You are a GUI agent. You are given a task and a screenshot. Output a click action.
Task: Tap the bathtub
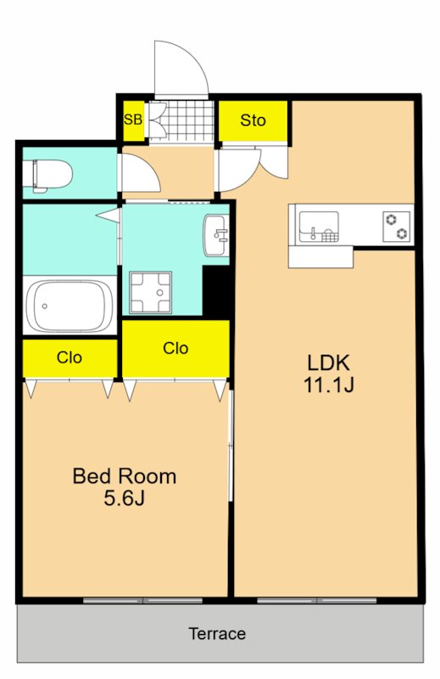click(x=70, y=306)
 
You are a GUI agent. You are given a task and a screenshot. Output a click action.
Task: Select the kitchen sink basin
click(x=319, y=227)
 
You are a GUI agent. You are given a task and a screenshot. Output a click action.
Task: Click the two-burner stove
click(x=397, y=227)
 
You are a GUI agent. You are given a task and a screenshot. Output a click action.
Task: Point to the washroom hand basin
click(x=216, y=235)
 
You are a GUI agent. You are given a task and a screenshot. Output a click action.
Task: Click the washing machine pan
click(x=151, y=292)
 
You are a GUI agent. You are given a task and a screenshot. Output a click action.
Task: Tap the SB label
click(x=133, y=120)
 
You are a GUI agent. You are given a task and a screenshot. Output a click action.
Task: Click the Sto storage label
click(x=253, y=120)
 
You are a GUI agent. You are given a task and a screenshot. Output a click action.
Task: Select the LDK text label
click(x=328, y=362)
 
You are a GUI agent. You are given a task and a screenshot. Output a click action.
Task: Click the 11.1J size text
click(x=329, y=384)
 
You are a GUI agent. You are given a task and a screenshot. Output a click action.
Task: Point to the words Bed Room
click(x=125, y=476)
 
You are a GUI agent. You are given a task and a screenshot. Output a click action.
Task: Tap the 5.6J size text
click(x=124, y=498)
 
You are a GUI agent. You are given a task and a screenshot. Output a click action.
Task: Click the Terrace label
click(x=217, y=633)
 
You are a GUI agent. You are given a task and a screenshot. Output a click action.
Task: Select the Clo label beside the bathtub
click(x=70, y=357)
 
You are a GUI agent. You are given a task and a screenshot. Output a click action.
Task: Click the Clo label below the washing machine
click(x=175, y=348)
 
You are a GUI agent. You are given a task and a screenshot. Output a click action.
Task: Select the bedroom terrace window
click(x=142, y=601)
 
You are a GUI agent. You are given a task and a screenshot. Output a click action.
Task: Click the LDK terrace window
click(x=317, y=601)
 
